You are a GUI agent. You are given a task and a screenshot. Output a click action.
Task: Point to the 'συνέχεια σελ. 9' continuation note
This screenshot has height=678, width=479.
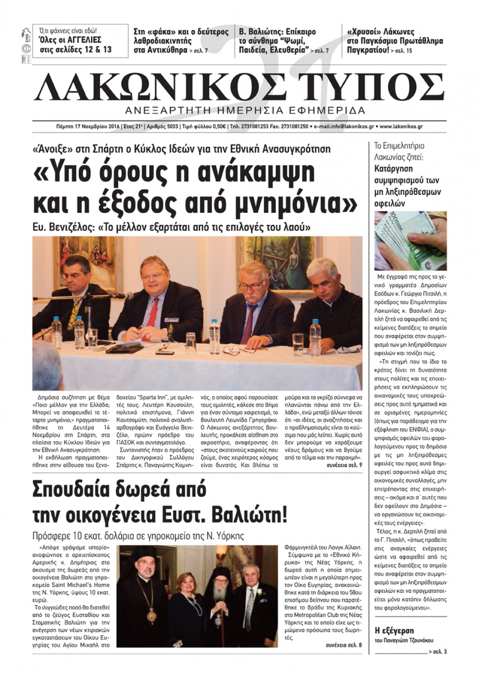tap(344, 465)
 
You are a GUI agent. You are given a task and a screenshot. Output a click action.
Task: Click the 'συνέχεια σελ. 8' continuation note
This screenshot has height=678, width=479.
tap(343, 645)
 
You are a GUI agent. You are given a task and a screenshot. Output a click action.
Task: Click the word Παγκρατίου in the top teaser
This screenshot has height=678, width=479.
tap(367, 50)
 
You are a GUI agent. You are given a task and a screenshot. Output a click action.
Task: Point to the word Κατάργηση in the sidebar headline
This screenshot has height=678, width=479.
tap(393, 169)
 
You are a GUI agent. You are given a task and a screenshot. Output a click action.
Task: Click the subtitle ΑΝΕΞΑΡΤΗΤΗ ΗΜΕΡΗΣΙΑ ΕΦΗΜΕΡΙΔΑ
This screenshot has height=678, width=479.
tap(245, 111)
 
